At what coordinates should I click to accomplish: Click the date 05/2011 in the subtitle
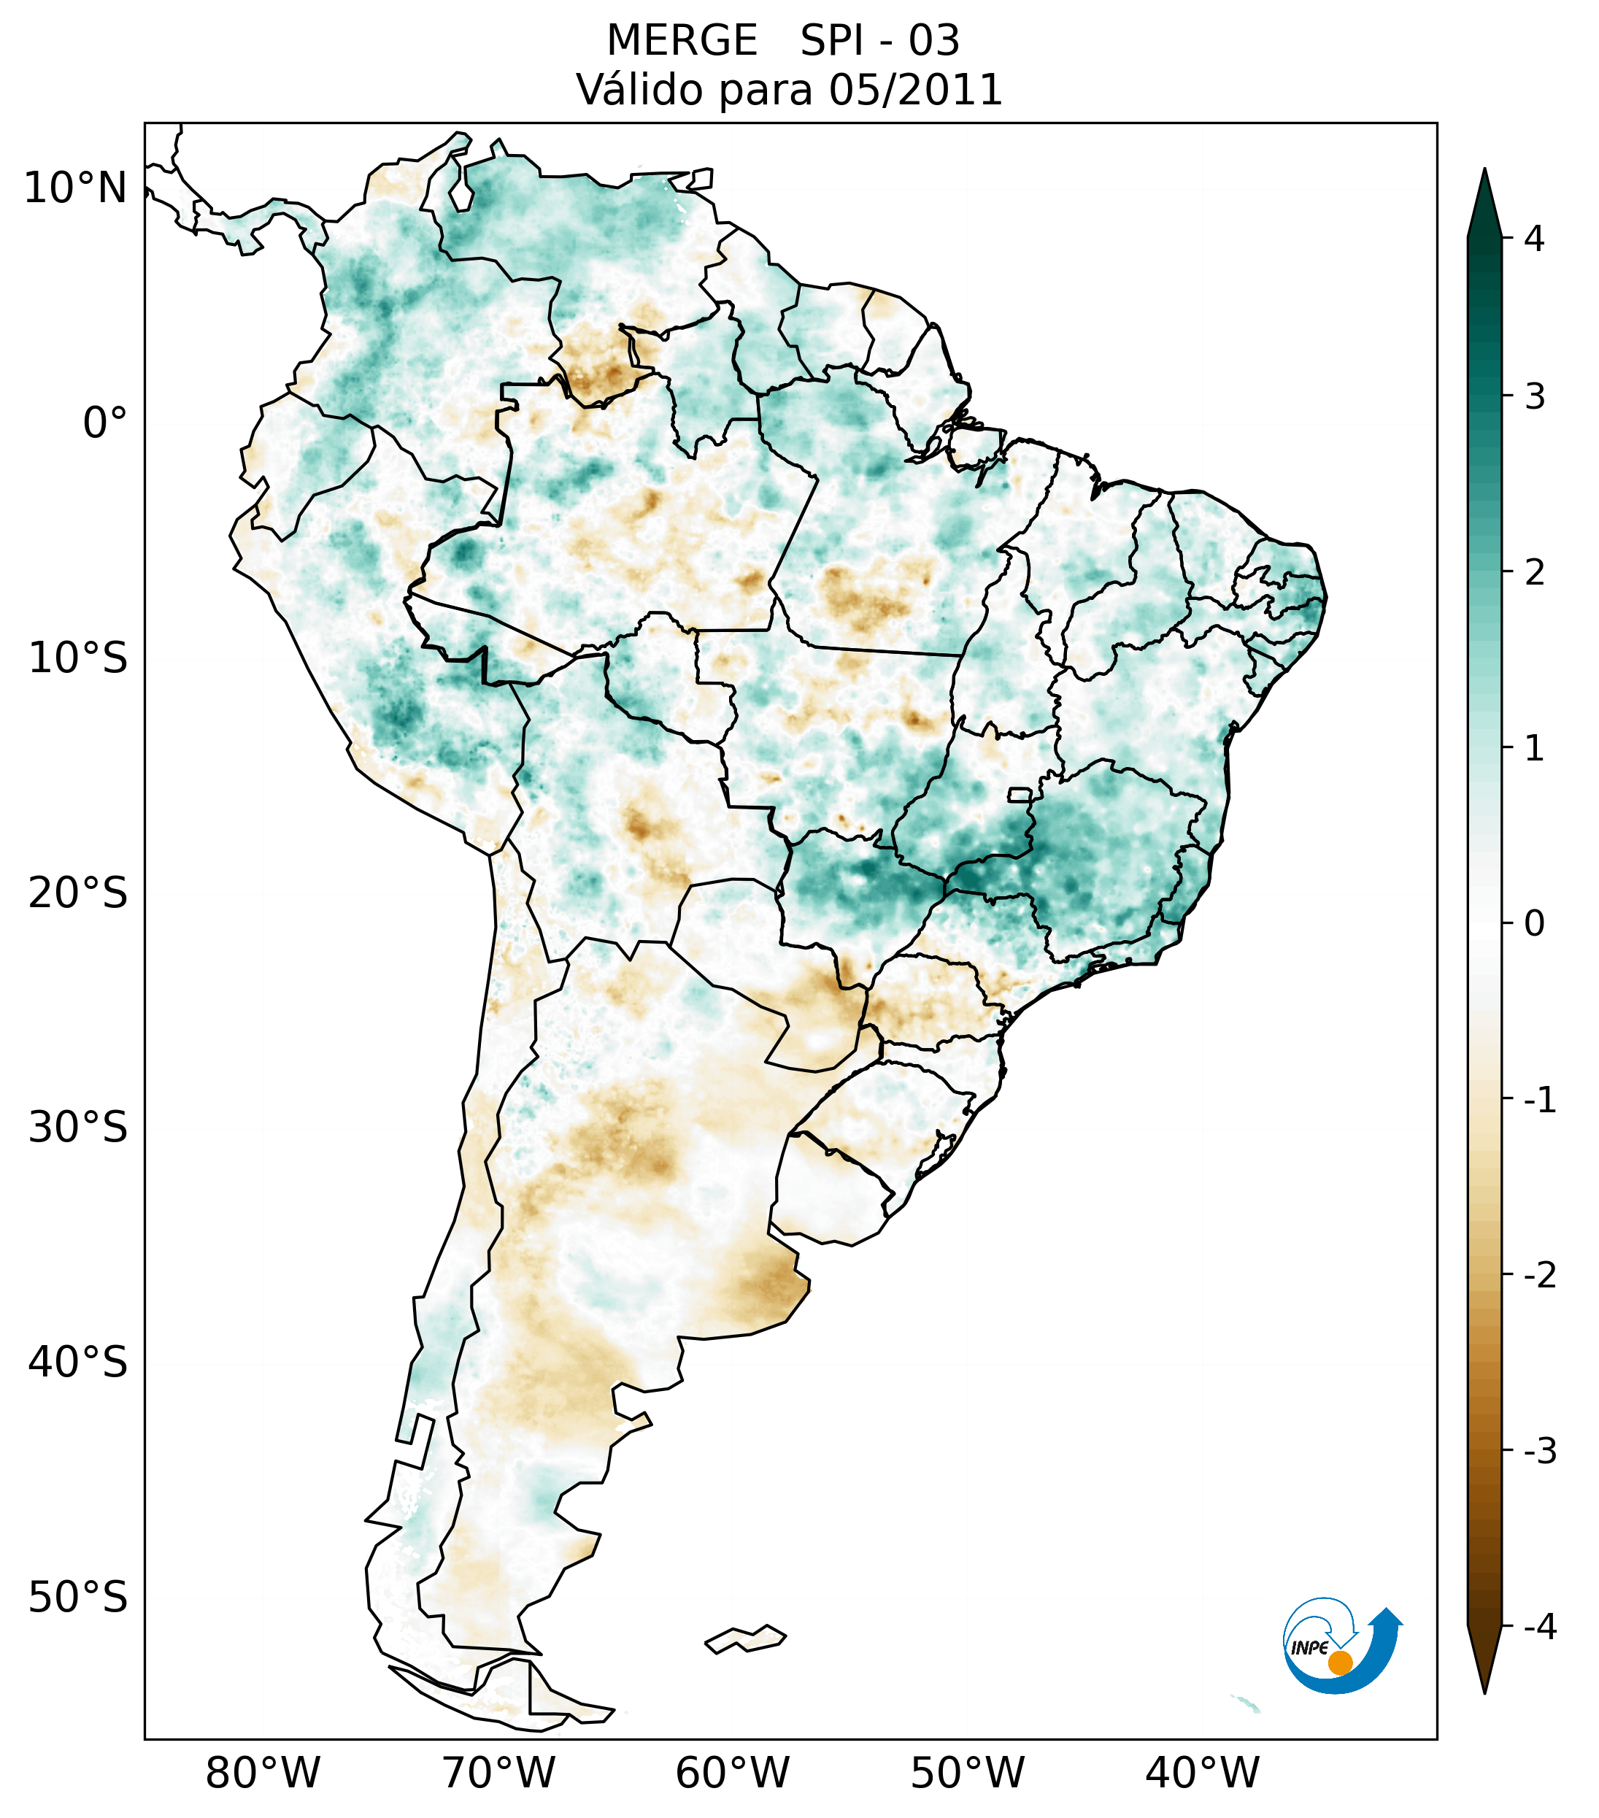pos(915,90)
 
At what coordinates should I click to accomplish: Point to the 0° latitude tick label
pos(105,423)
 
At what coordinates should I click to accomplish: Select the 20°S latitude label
pos(78,893)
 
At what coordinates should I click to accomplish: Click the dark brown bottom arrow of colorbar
pos(1484,1660)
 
